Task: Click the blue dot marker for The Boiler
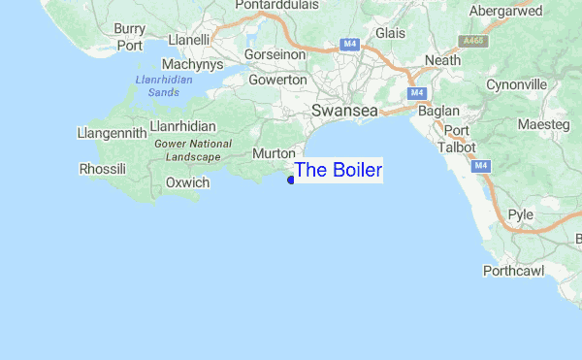291,179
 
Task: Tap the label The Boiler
338,171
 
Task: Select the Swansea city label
344,113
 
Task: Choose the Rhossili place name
102,170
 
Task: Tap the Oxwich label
187,182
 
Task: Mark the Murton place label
273,154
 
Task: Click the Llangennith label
113,133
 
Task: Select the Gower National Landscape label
193,150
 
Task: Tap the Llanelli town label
189,40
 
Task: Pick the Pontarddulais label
283,8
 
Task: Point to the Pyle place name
521,214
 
